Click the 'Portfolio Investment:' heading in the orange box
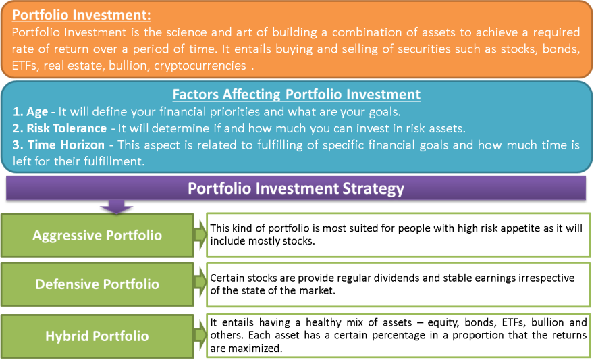click(x=82, y=15)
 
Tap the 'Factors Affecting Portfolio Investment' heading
click(x=296, y=94)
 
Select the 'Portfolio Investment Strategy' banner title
click(x=296, y=188)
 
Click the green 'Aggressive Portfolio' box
click(x=97, y=235)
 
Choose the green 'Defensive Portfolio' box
click(x=97, y=284)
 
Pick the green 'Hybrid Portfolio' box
click(x=97, y=336)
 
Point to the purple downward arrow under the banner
click(x=116, y=207)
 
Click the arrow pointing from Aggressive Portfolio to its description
click(x=200, y=235)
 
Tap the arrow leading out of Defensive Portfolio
click(x=200, y=282)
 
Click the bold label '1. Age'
click(x=30, y=112)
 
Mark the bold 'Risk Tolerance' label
click(x=66, y=128)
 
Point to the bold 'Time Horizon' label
click(x=66, y=145)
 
